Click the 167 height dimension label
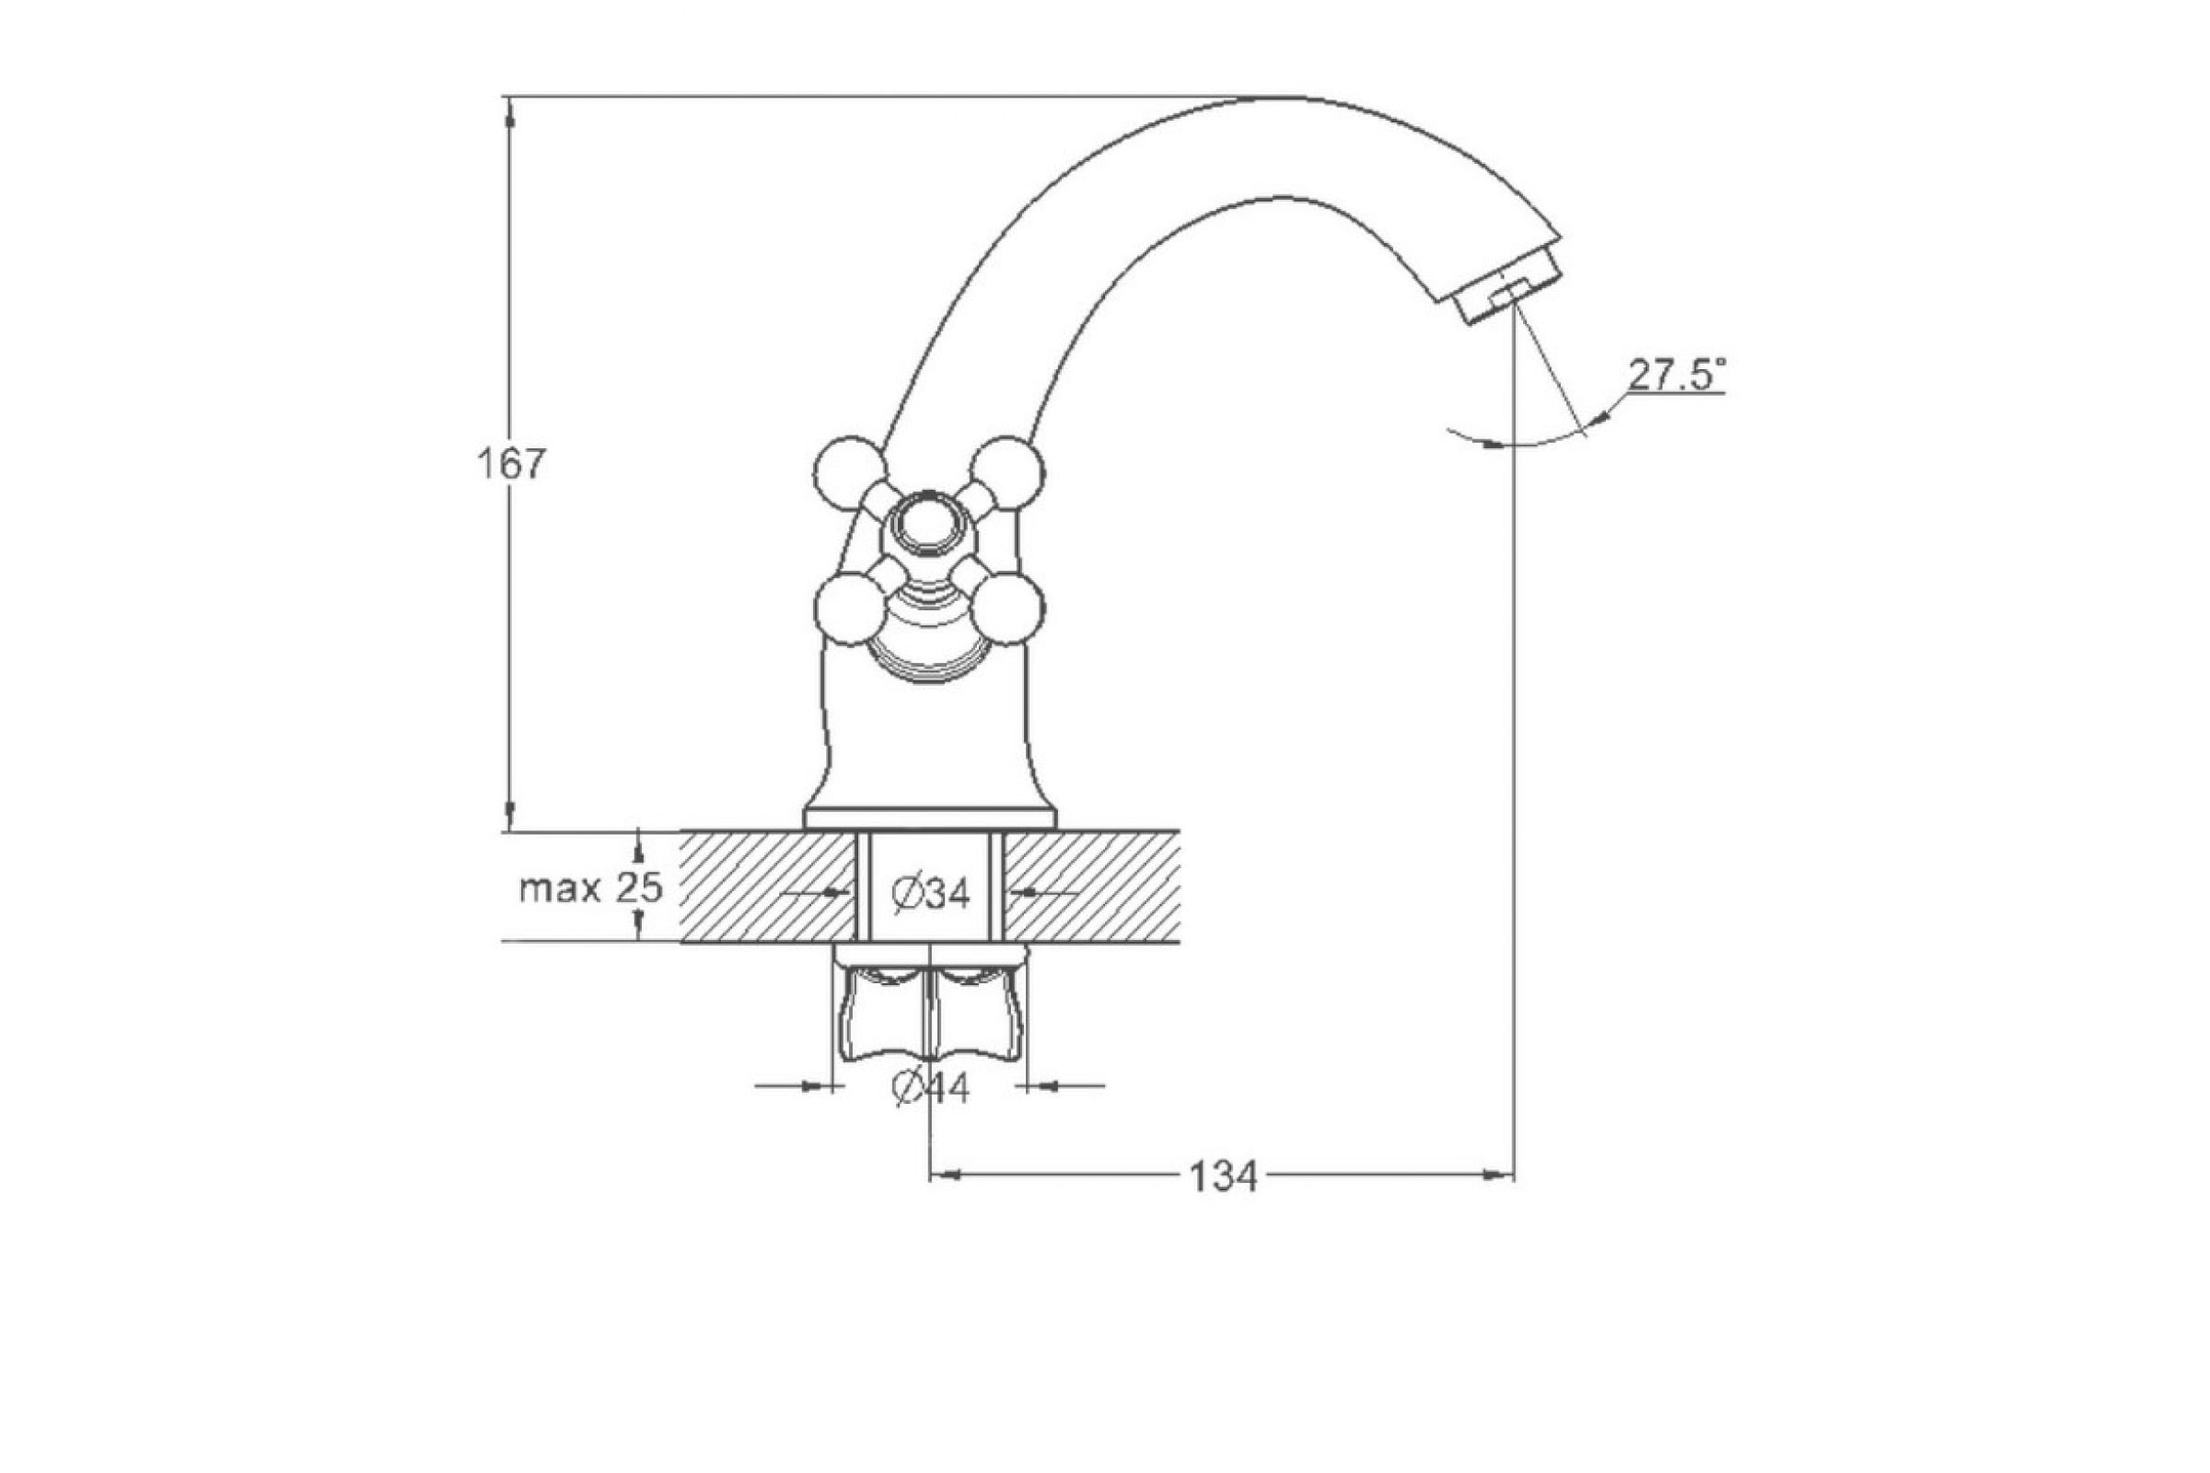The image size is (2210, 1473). click(x=512, y=465)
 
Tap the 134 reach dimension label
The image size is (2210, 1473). click(x=1223, y=1177)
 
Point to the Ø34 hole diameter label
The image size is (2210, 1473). click(x=930, y=893)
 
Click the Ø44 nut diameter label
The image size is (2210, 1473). click(x=931, y=1089)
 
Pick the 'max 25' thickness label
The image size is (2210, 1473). click(x=591, y=887)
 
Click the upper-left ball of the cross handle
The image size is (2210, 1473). click(x=849, y=472)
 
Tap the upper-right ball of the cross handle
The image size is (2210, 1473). click(x=1007, y=472)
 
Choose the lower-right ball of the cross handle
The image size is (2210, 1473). click(x=1007, y=609)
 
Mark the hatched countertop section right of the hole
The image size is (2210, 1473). click(x=1092, y=886)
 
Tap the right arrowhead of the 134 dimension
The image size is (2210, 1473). click(x=1499, y=1175)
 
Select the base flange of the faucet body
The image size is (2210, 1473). click(x=930, y=818)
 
